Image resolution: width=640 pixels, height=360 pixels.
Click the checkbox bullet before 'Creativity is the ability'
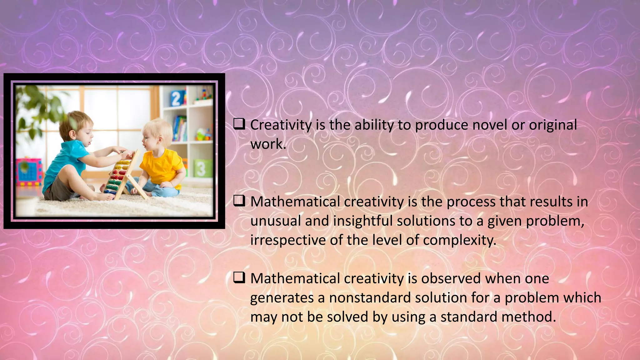pos(239,125)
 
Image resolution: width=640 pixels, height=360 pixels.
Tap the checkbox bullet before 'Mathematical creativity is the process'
pos(239,201)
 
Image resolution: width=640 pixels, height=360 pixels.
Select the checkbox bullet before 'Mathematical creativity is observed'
pos(239,278)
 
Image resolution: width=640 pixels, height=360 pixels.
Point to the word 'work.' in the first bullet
pos(268,144)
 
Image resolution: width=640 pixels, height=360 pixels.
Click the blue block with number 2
pos(176,98)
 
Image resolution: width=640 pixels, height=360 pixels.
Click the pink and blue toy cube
pos(28,172)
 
